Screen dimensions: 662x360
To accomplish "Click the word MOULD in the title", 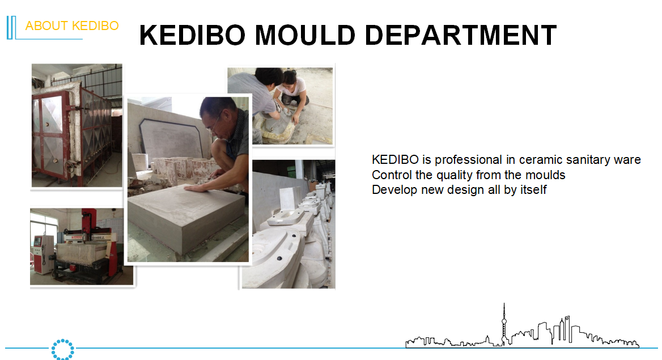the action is point(305,35).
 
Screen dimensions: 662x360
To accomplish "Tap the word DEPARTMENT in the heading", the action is point(461,35).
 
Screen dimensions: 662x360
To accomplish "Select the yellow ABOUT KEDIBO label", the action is point(72,26).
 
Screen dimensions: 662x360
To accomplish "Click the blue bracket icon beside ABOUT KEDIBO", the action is point(11,27).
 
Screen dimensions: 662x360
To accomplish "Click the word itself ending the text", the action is point(533,190).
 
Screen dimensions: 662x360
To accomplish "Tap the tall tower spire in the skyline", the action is point(504,321).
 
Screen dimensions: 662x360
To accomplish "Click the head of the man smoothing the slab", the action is point(217,116).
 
